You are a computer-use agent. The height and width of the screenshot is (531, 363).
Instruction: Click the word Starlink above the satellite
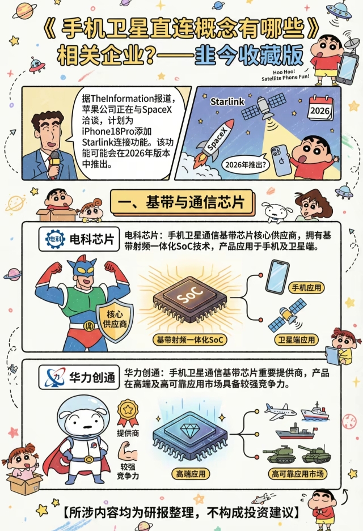click(227, 101)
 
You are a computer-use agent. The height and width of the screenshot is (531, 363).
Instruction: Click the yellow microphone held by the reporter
click(54, 163)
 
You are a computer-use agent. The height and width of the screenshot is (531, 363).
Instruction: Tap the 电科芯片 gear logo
click(55, 239)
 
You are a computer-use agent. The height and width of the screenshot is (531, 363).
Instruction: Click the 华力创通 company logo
click(55, 377)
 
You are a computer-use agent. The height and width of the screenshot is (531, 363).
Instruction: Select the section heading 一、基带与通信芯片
click(181, 202)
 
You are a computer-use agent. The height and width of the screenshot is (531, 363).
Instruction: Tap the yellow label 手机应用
click(306, 288)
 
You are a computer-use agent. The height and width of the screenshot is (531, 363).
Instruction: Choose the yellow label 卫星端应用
click(297, 339)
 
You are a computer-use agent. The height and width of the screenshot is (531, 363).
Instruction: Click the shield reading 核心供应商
click(115, 320)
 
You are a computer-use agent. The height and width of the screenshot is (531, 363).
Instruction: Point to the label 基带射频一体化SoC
click(190, 339)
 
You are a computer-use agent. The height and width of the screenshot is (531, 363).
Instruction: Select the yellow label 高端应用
click(191, 474)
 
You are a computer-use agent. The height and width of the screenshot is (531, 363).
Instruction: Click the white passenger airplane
click(280, 411)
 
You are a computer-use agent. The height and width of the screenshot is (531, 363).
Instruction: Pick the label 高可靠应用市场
click(298, 474)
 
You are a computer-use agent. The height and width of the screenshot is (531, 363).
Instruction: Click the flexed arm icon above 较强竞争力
click(127, 451)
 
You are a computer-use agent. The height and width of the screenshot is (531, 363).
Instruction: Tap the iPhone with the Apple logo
click(281, 160)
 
